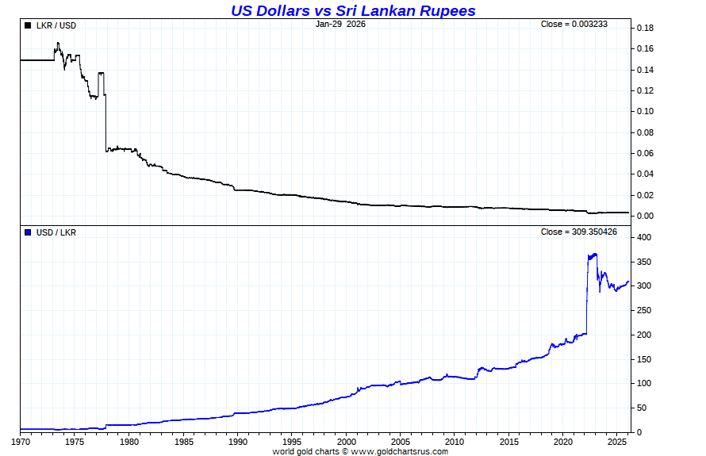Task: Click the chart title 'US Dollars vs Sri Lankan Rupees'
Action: coord(353,10)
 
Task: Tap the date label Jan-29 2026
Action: coord(340,24)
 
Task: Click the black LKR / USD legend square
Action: coord(29,25)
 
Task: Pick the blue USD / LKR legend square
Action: coord(29,232)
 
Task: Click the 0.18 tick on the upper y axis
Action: coord(644,29)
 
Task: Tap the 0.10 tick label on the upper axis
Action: coord(644,112)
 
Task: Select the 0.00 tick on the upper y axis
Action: coord(644,216)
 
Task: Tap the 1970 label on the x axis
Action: coord(21,441)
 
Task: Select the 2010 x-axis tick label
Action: coord(454,441)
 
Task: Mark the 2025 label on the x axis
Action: coord(616,441)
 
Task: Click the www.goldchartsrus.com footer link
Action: coord(399,451)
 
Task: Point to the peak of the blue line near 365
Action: coord(595,254)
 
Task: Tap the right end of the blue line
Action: coord(628,281)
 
